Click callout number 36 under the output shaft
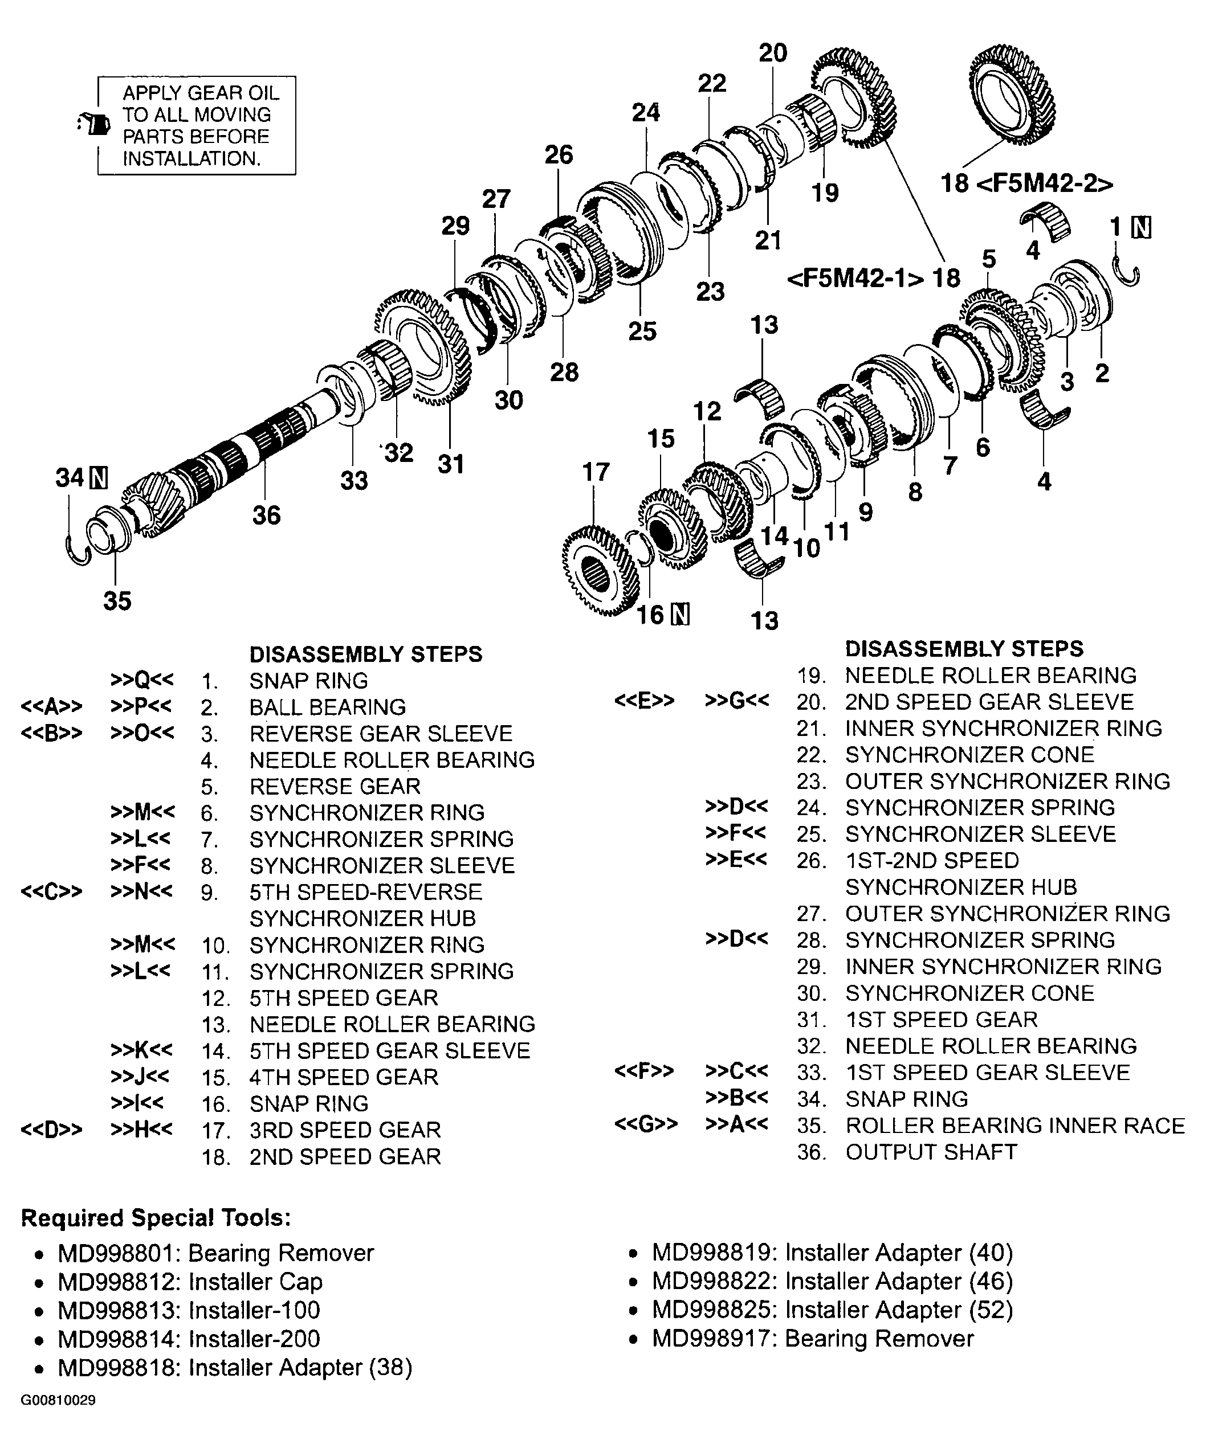[x=266, y=514]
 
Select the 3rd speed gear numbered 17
[x=599, y=570]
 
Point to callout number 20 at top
[x=772, y=53]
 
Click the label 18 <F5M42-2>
[x=1026, y=183]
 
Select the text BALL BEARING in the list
[x=328, y=707]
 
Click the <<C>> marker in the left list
[x=52, y=891]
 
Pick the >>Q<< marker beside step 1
[x=142, y=681]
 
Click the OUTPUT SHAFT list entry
[x=931, y=1151]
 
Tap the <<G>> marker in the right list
[x=646, y=1124]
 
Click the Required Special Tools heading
[x=156, y=1218]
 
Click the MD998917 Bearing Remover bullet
[x=813, y=1339]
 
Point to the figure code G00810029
[x=58, y=1400]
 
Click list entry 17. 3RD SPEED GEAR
[x=345, y=1130]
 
